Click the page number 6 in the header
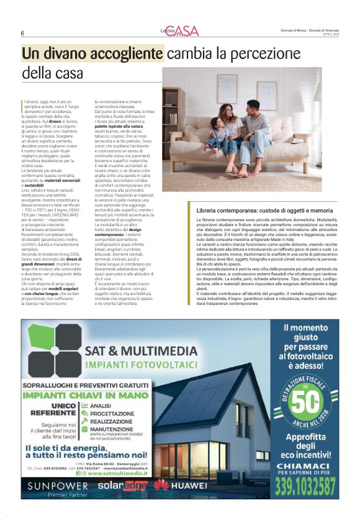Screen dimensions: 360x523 (22, 34)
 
